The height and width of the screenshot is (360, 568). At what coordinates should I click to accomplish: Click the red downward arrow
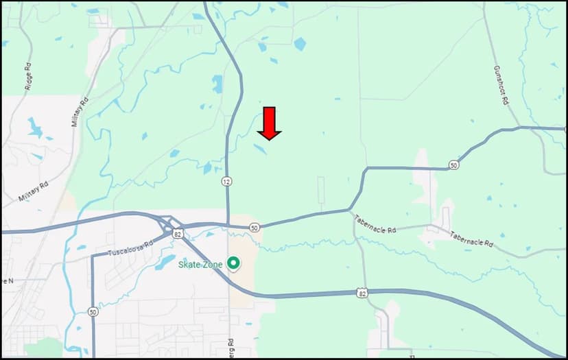point(269,123)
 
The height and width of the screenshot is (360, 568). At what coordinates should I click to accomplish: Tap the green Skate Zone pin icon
point(233,263)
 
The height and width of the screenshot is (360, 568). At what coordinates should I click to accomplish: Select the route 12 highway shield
point(226,182)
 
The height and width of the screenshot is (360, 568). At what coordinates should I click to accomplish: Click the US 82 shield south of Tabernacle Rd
point(362,293)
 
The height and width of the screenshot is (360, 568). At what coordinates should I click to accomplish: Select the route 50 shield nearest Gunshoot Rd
point(454,165)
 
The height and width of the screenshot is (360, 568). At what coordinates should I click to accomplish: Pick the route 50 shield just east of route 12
point(255,228)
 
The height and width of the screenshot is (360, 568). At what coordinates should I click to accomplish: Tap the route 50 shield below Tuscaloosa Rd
point(93,312)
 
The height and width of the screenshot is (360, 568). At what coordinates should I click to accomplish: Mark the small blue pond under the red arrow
point(261,149)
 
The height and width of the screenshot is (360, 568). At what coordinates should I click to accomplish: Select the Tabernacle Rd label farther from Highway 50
point(471,239)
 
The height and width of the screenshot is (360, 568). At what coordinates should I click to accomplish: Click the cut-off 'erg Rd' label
point(230,347)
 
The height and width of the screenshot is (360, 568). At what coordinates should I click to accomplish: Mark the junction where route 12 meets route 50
point(227,224)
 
